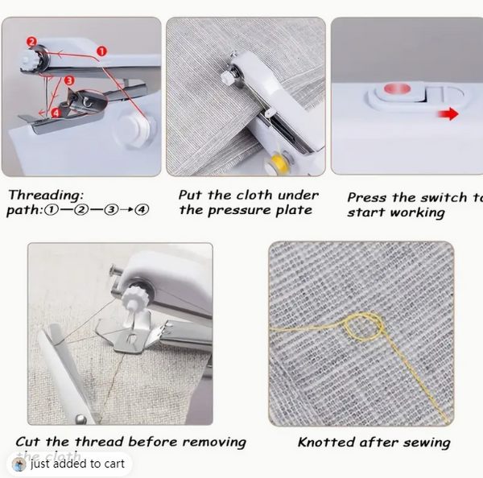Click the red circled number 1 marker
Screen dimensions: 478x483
[101, 51]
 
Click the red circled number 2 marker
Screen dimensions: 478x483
[31, 41]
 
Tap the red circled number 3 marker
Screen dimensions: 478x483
[69, 80]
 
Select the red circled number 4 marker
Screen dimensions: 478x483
[56, 113]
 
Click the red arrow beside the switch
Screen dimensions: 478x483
[448, 114]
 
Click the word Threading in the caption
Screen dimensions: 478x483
[45, 196]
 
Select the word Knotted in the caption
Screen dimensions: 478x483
[327, 442]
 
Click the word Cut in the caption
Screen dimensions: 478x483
[28, 441]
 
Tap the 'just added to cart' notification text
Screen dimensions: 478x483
[77, 464]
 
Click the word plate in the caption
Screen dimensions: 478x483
[294, 210]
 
